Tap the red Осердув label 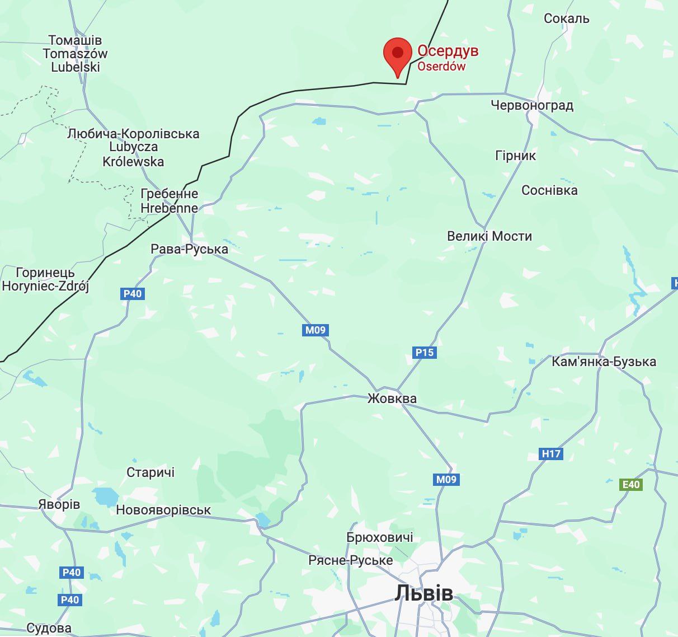pyautogui.click(x=448, y=51)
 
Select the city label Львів pyautogui.click(x=423, y=593)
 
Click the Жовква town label pyautogui.click(x=392, y=399)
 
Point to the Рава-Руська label pyautogui.click(x=189, y=249)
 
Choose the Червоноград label pyautogui.click(x=531, y=105)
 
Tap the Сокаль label pyautogui.click(x=566, y=18)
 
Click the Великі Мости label pyautogui.click(x=489, y=236)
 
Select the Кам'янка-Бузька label pyautogui.click(x=604, y=362)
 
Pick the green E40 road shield pyautogui.click(x=630, y=484)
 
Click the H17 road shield pyautogui.click(x=551, y=453)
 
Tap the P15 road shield pyautogui.click(x=424, y=352)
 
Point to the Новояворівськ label pyautogui.click(x=163, y=510)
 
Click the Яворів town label pyautogui.click(x=59, y=504)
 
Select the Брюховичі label pyautogui.click(x=379, y=537)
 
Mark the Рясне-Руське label pyautogui.click(x=350, y=560)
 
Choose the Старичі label pyautogui.click(x=150, y=472)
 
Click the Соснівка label pyautogui.click(x=549, y=190)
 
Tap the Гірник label pyautogui.click(x=515, y=156)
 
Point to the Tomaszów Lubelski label pyautogui.click(x=75, y=54)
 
